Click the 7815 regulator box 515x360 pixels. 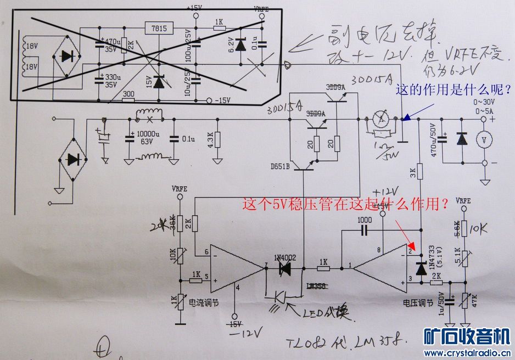[x=159, y=28]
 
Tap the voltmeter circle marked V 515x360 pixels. [x=484, y=140]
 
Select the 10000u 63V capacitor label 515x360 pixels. [x=148, y=137]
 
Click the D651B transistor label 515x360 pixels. [x=281, y=167]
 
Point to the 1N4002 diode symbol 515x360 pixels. [x=284, y=268]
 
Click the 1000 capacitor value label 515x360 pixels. [x=363, y=220]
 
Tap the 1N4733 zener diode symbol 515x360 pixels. [x=421, y=269]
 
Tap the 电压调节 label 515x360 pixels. [x=418, y=302]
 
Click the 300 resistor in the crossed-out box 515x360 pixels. [x=128, y=94]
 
